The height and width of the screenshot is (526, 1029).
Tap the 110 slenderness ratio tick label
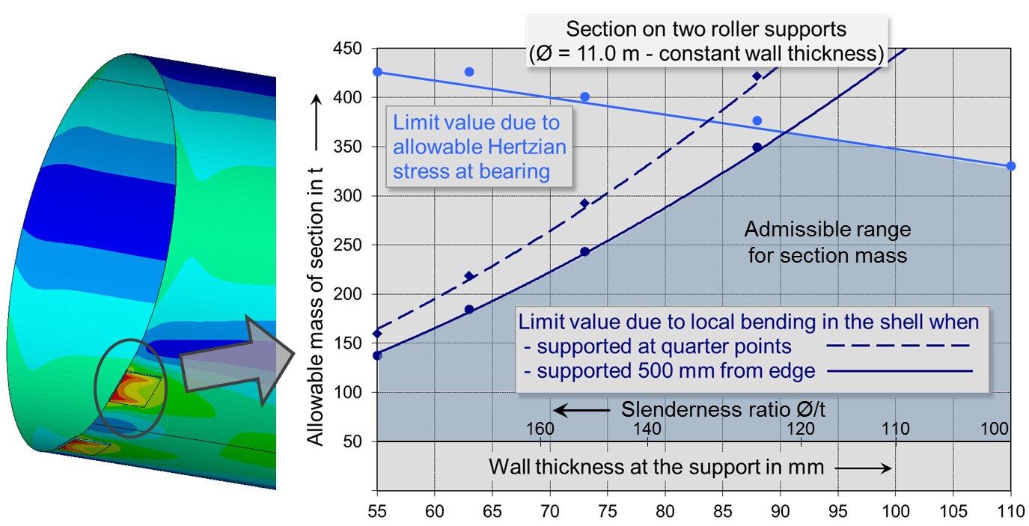896,429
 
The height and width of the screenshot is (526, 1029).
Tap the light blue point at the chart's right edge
1011,165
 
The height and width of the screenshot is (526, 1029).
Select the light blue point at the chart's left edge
377,71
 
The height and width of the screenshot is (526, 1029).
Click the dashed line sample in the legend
888,346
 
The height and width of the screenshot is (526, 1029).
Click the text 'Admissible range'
828,229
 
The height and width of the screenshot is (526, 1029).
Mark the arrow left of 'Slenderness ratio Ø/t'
581,410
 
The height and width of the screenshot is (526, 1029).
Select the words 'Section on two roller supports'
706,30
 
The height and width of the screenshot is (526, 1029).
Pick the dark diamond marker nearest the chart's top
757,76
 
